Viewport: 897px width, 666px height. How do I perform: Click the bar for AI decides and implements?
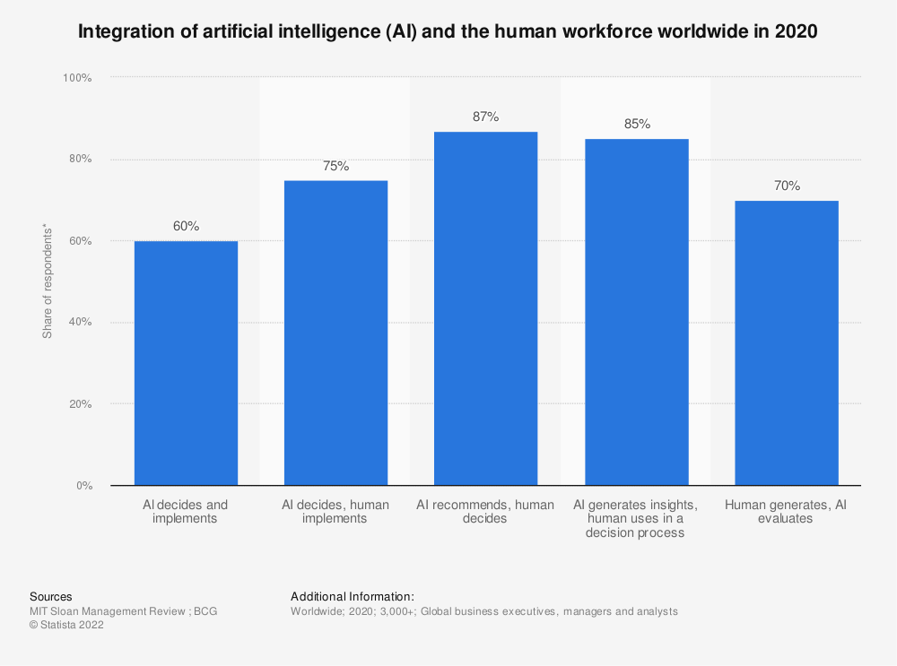186,363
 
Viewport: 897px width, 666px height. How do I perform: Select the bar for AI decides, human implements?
335,333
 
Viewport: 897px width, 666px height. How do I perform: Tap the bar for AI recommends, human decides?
485,308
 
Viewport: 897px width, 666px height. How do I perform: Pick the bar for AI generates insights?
636,312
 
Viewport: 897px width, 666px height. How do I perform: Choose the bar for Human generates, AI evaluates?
786,342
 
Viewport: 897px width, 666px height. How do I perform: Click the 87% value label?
485,117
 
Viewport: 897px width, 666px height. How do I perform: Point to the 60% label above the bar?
186,227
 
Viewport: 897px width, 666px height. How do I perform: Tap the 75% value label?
335,166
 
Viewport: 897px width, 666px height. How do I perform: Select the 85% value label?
636,124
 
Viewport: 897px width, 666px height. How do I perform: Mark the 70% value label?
786,186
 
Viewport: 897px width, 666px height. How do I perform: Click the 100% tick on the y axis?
77,78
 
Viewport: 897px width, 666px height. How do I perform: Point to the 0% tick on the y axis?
83,486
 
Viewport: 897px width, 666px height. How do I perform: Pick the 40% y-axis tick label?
80,323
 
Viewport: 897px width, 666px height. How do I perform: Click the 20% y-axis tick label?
80,404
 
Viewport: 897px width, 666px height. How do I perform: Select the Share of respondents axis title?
47,282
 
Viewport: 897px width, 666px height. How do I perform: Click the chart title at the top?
448,32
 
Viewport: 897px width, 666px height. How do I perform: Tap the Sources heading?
51,596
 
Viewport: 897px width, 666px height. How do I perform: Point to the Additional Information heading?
353,596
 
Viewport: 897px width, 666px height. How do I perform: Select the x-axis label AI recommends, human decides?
485,512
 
